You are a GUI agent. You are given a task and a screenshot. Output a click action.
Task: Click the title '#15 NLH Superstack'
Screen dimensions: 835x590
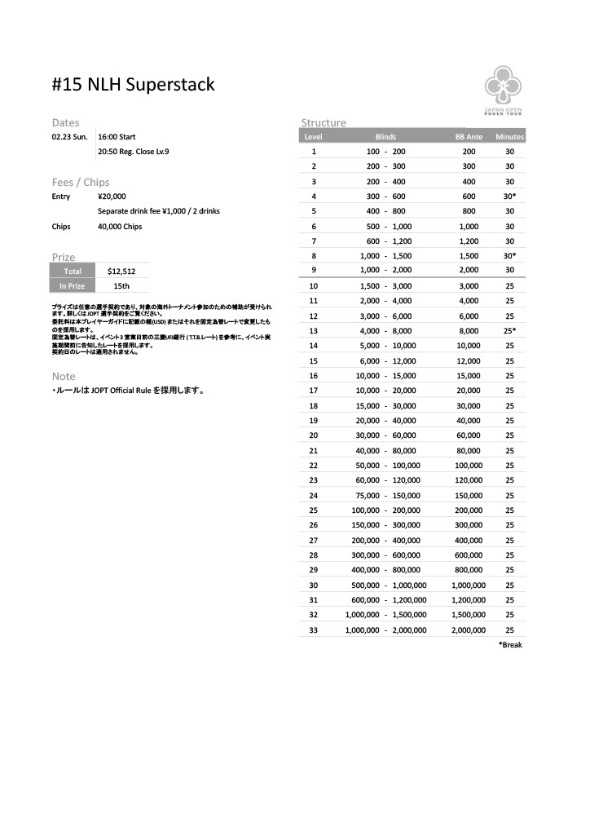pos(133,84)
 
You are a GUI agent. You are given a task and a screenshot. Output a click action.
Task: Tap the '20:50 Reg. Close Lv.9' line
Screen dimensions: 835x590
pos(134,152)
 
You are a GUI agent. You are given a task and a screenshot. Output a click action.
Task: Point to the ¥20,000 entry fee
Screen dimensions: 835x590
pos(112,197)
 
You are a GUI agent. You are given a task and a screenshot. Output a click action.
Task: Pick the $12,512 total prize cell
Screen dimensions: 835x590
pos(121,272)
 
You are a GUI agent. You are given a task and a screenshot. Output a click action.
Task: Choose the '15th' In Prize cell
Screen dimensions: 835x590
pos(121,286)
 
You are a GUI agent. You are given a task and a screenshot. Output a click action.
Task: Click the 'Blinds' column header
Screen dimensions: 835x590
pos(385,137)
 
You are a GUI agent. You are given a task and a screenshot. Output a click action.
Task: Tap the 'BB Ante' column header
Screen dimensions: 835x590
pos(469,137)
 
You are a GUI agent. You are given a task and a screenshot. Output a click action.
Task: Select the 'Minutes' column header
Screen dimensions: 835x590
pos(509,137)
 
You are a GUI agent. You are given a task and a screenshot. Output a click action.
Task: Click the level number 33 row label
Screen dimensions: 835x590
pos(314,630)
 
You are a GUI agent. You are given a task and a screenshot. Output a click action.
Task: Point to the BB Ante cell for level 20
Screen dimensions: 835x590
pos(469,435)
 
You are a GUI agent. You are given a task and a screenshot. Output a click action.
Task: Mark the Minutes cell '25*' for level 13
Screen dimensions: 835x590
pos(509,331)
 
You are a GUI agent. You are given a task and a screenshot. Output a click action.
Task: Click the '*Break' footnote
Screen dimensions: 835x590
pos(510,645)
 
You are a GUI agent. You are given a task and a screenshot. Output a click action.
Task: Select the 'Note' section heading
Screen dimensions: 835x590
pos(64,377)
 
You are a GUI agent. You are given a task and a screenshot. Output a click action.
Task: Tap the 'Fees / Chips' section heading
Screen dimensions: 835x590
pos(80,182)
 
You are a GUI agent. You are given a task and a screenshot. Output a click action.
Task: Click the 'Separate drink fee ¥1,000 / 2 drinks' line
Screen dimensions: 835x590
pos(158,211)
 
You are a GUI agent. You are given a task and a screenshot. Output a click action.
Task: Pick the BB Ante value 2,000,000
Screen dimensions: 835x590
pos(469,630)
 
